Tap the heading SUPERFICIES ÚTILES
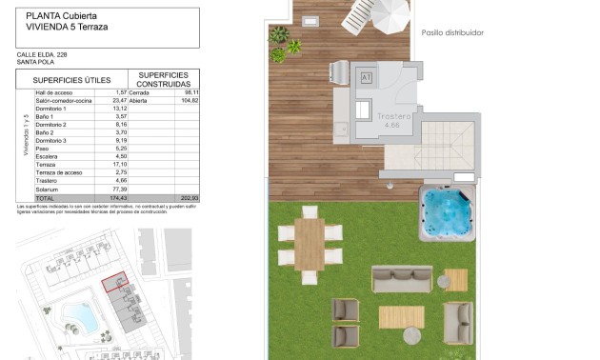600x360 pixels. [72, 80]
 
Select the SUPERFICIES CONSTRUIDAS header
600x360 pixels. [163, 80]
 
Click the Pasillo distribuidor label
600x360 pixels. [452, 32]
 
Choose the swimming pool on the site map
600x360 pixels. [74, 313]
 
